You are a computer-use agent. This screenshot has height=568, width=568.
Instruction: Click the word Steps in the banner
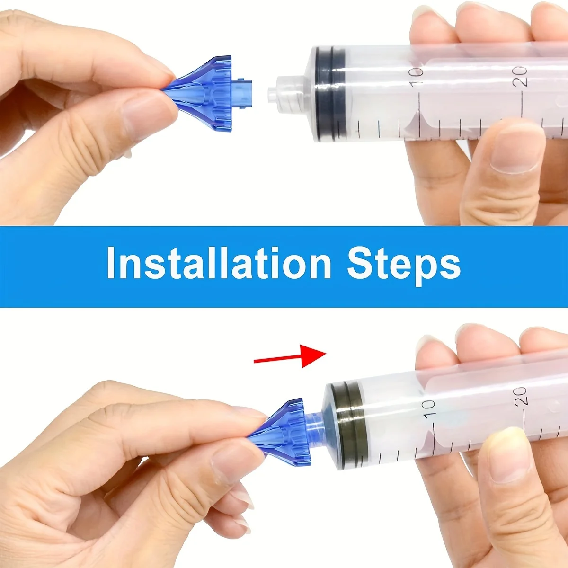(x=403, y=264)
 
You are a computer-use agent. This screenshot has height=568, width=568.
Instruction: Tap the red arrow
(x=290, y=358)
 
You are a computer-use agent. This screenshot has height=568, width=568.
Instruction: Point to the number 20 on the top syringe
(x=520, y=76)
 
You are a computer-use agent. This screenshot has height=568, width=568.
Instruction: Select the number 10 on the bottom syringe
(x=428, y=408)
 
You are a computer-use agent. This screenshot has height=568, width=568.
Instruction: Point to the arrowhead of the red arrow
(x=315, y=355)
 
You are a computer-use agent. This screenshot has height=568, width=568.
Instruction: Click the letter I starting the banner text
(x=110, y=263)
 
